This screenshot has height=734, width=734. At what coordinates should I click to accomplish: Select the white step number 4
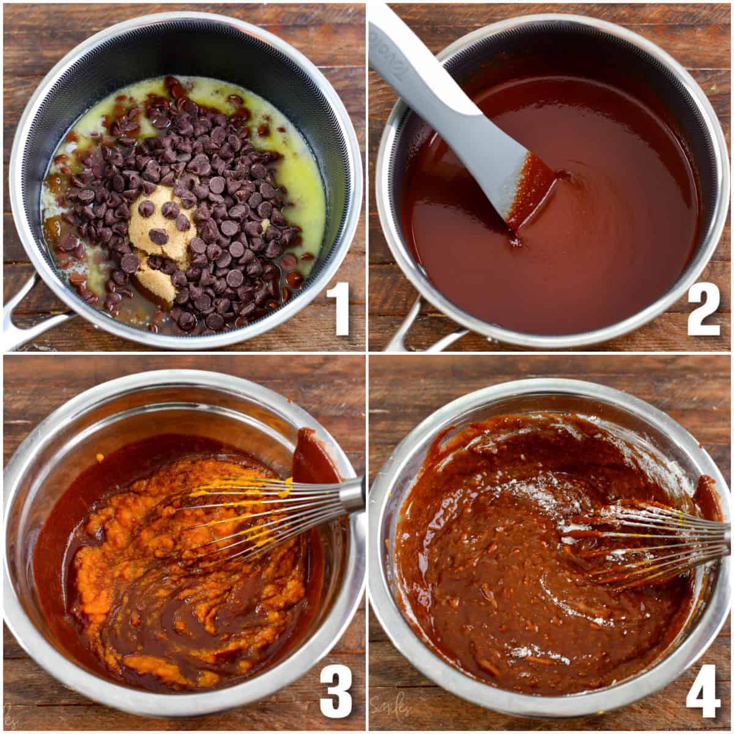703,691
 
